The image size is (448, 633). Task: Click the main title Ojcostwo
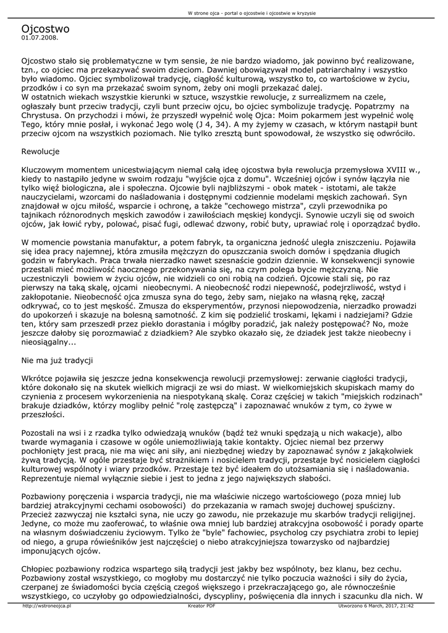coord(45,28)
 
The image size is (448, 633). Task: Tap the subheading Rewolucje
coord(40,151)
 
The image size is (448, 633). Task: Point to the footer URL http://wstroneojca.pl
coord(46,606)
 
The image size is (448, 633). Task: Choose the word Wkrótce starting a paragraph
coord(40,378)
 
